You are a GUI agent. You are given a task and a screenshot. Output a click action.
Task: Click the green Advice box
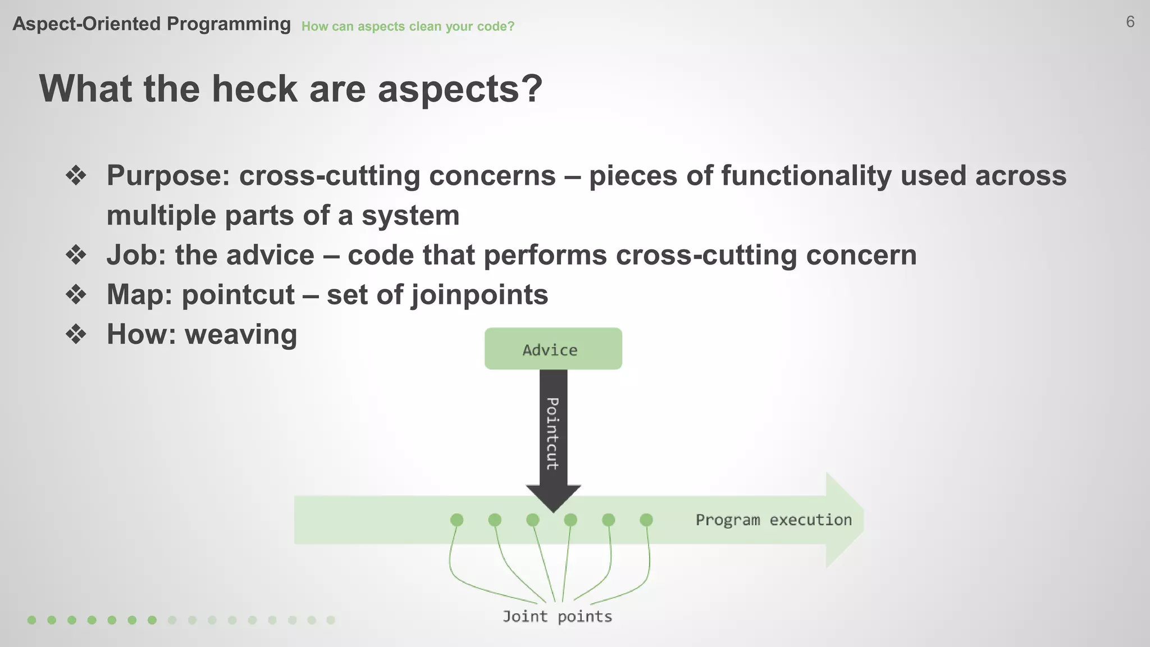pos(553,349)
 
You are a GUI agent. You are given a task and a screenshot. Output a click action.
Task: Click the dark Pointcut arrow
pos(553,432)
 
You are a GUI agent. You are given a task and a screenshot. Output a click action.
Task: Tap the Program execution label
pos(773,520)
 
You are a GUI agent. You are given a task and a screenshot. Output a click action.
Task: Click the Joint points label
pos(557,617)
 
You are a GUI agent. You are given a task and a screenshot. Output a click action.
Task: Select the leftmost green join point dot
pos(457,520)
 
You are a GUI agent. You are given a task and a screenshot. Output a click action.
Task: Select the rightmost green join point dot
pos(646,520)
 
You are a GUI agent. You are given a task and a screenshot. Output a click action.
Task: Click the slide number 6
pos(1130,22)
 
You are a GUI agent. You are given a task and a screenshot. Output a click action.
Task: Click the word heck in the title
pos(254,89)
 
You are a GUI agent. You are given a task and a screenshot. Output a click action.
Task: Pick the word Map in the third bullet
pos(139,295)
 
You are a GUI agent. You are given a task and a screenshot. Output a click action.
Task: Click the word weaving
pos(241,335)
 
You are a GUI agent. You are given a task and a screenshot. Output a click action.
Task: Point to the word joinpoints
pos(480,295)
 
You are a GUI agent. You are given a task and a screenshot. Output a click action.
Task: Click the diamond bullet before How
pos(76,335)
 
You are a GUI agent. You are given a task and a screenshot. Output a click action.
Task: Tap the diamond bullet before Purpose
pos(76,176)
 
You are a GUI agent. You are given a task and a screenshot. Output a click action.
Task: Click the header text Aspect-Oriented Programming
pos(152,24)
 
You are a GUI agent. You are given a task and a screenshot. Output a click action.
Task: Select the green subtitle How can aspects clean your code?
pos(408,26)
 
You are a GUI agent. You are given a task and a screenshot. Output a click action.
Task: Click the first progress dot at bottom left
pos(32,620)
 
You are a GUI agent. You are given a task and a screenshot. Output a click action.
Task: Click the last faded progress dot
pos(331,620)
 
